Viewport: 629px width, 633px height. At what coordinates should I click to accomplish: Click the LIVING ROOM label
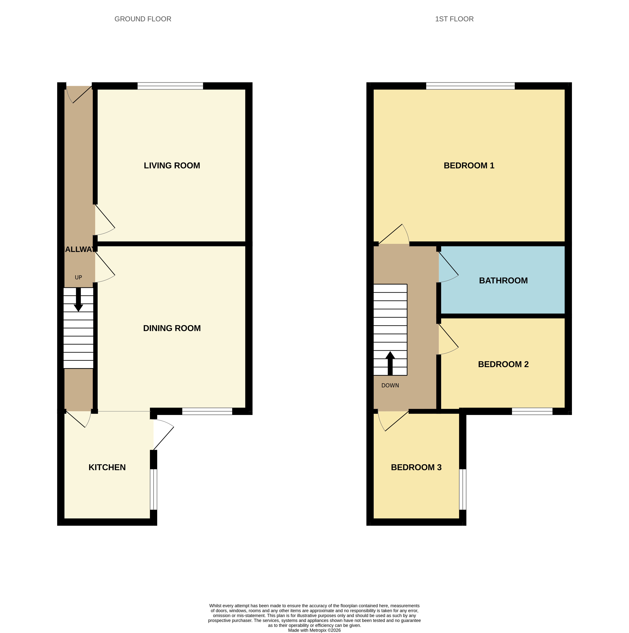coord(172,165)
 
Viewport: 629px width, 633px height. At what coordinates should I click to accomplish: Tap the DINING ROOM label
coord(172,328)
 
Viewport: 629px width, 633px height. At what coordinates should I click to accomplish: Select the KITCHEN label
coord(107,467)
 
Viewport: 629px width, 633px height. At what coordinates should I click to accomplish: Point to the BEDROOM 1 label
coord(469,165)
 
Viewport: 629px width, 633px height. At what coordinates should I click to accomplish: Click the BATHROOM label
coord(503,281)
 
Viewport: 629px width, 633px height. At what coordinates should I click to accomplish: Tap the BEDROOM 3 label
coord(416,467)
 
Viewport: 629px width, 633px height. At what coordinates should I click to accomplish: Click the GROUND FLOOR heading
coord(143,19)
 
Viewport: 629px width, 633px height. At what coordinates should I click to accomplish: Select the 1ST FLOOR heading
coord(454,19)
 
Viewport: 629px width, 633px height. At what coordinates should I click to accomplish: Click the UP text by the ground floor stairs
coord(78,277)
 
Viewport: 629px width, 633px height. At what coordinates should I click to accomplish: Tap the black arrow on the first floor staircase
coord(390,363)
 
